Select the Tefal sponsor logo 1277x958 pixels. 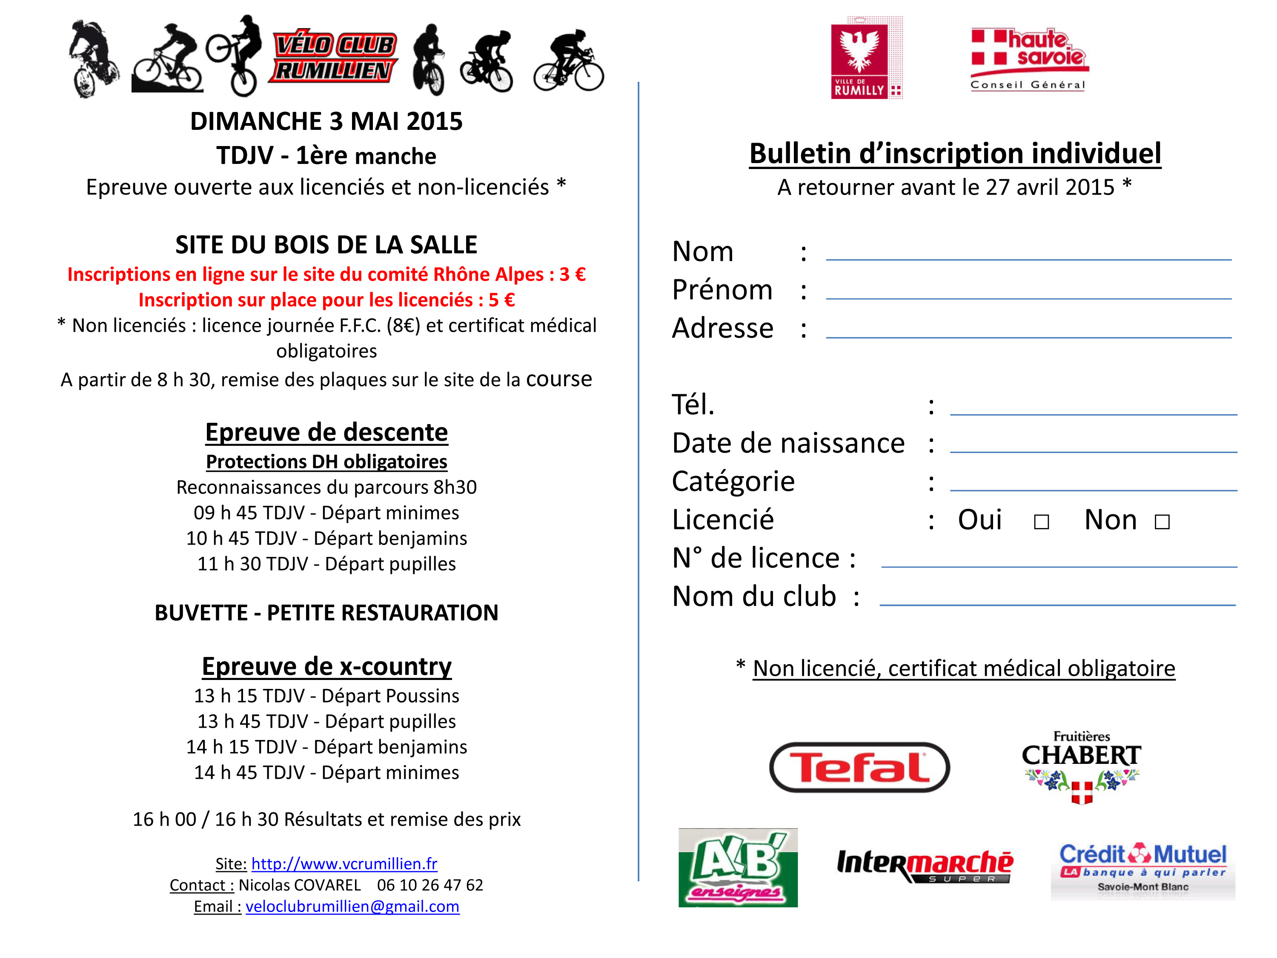tap(859, 767)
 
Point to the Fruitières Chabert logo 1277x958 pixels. tap(1081, 767)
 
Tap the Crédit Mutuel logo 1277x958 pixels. tap(1142, 869)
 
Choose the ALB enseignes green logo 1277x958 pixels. tap(738, 868)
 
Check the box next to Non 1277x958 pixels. tap(1162, 522)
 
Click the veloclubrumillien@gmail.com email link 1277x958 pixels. tap(352, 906)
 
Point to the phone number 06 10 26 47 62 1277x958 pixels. tap(429, 885)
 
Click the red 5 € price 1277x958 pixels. tap(501, 300)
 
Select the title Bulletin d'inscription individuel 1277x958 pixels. tap(955, 154)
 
